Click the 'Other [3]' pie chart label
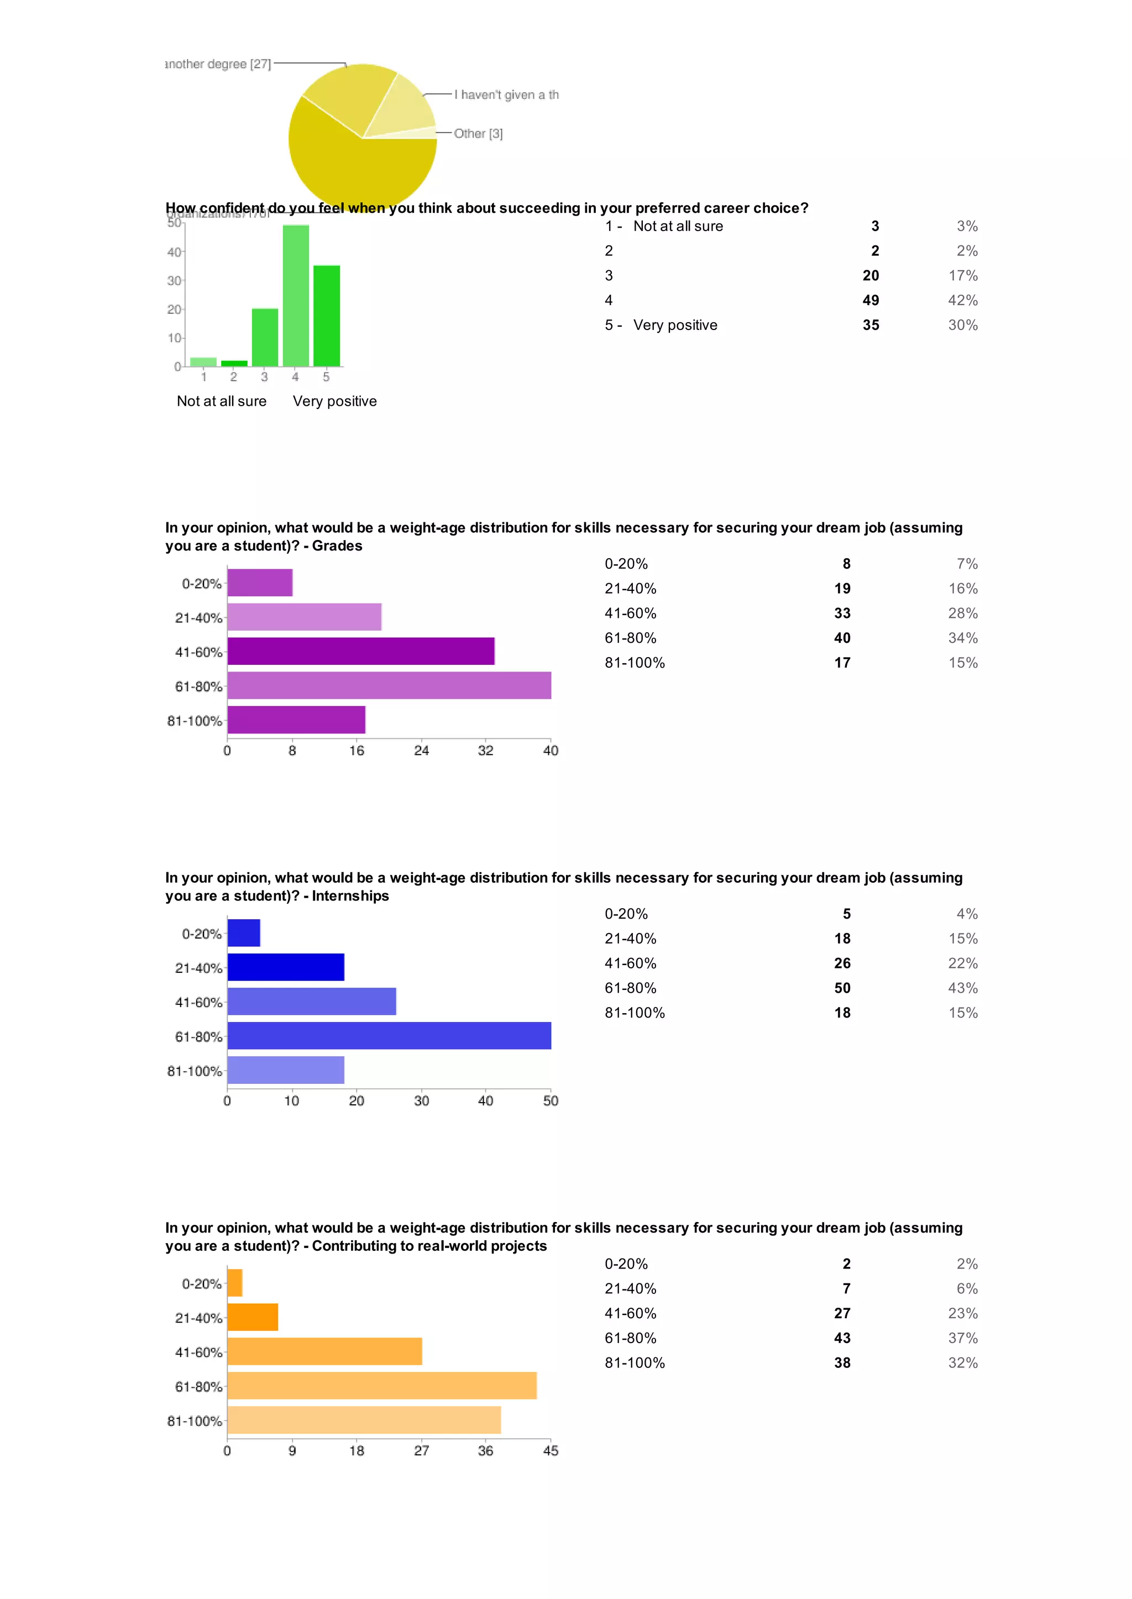pyautogui.click(x=478, y=133)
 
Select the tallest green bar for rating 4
pyautogui.click(x=296, y=296)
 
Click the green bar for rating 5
pyautogui.click(x=326, y=316)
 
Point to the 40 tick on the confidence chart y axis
pyautogui.click(x=174, y=253)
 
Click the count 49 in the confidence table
pyautogui.click(x=871, y=301)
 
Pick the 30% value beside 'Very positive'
pyautogui.click(x=963, y=326)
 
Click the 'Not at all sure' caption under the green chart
pyautogui.click(x=222, y=401)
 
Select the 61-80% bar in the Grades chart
pyautogui.click(x=389, y=686)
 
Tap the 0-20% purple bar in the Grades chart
pyautogui.click(x=259, y=583)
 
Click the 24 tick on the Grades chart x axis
pyautogui.click(x=421, y=751)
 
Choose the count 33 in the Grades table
pyautogui.click(x=842, y=614)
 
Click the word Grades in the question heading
pyautogui.click(x=337, y=546)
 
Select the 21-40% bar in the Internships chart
pyautogui.click(x=286, y=967)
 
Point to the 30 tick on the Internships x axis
pyautogui.click(x=421, y=1100)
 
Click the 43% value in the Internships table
pyautogui.click(x=963, y=988)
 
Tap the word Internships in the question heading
pyautogui.click(x=350, y=896)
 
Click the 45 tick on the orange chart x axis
pyautogui.click(x=551, y=1450)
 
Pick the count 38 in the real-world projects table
pyautogui.click(x=842, y=1362)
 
